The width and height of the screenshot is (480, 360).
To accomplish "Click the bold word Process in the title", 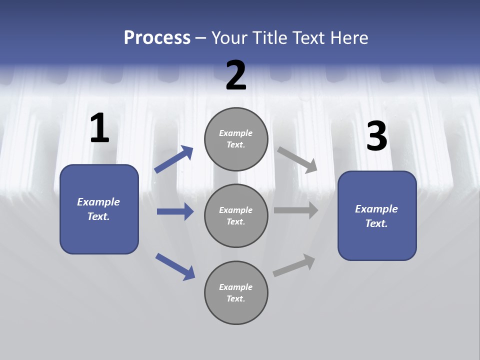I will coord(157,37).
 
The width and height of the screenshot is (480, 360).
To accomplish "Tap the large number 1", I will coord(99,128).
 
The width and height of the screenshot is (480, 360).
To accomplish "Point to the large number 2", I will coord(236,75).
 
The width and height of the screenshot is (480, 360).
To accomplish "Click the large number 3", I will coord(376,136).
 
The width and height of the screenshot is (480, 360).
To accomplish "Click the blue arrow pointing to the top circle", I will coord(174,159).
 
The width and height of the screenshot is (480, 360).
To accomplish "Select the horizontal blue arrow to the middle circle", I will coord(175,211).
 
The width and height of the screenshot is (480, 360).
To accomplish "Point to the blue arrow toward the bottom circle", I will coord(175,266).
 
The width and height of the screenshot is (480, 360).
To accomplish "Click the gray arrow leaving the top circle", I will coord(297,159).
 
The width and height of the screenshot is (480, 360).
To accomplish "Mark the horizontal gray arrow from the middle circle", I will coord(296,210).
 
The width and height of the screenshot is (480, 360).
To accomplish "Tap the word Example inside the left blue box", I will coord(98,202).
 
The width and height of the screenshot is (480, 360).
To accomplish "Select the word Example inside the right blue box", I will coord(376,209).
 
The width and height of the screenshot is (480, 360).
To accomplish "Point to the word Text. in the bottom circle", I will coord(236,298).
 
